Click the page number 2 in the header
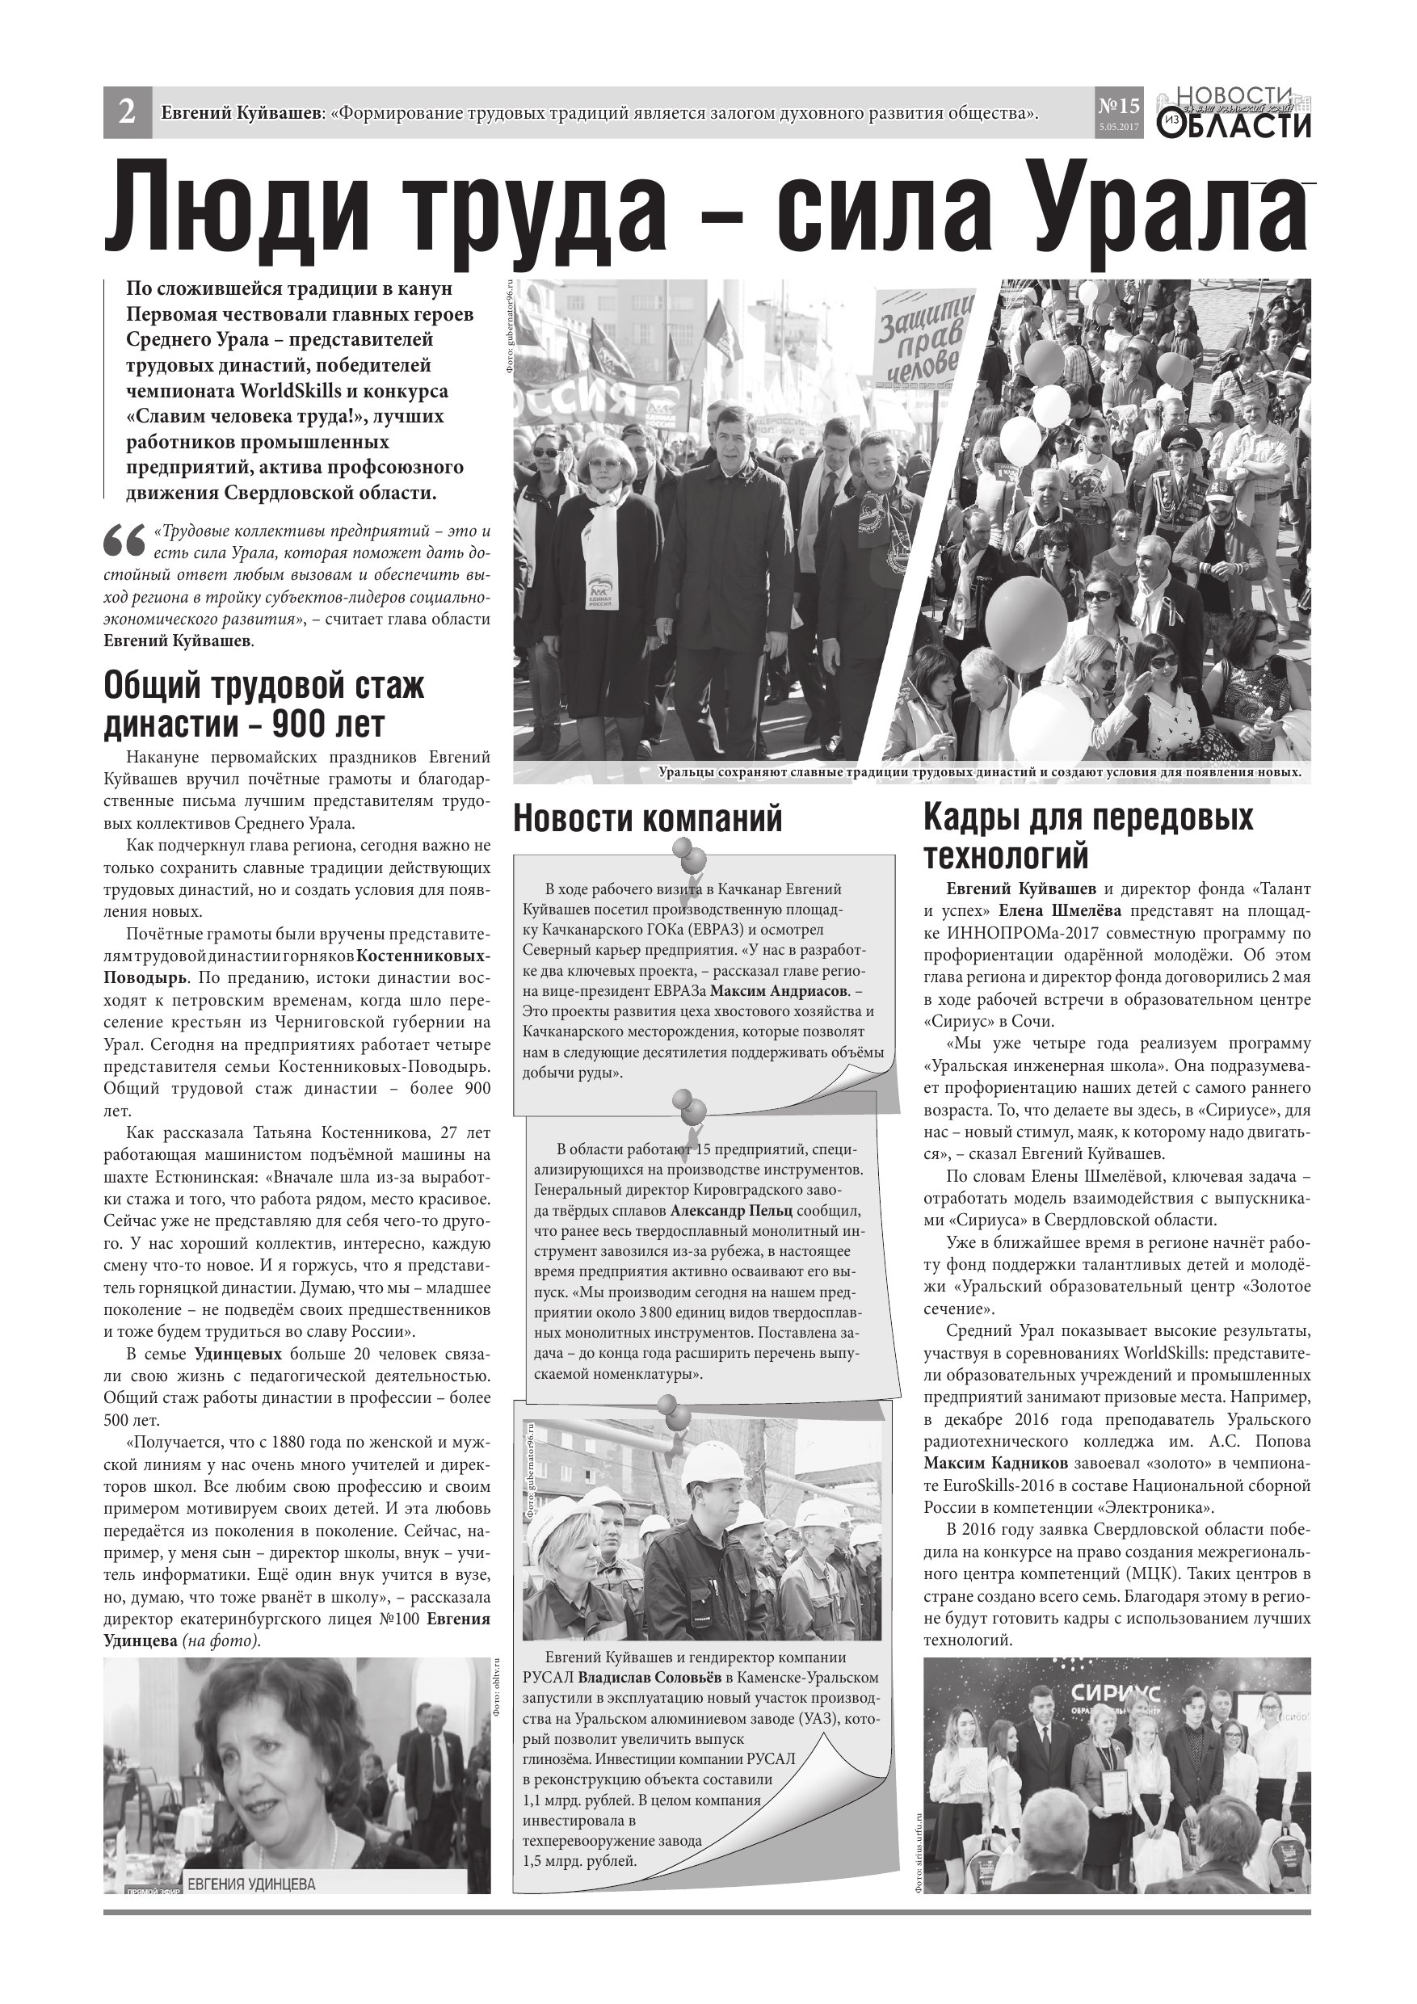click(x=128, y=112)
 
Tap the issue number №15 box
click(x=1118, y=107)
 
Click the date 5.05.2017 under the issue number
click(x=1118, y=128)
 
